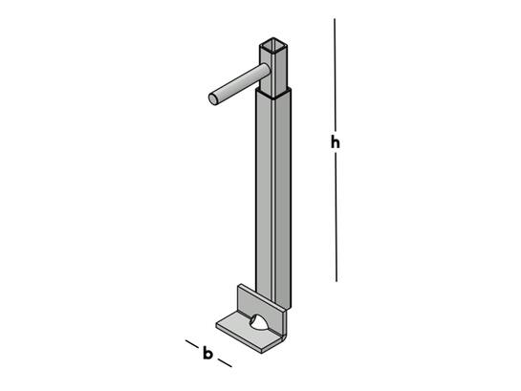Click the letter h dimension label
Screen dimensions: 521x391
click(x=336, y=142)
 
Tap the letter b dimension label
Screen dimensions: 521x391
click(x=207, y=353)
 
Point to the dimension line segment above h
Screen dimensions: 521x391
click(x=335, y=75)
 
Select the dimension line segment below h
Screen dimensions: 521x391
click(x=336, y=217)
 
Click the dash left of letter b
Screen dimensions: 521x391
click(x=192, y=344)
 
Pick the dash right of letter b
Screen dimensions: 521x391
click(x=226, y=362)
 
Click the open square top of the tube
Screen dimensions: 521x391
click(x=273, y=44)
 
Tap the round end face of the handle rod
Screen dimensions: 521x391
click(x=213, y=99)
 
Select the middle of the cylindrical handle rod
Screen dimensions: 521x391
click(x=240, y=84)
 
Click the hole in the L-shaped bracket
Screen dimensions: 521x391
click(x=257, y=322)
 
